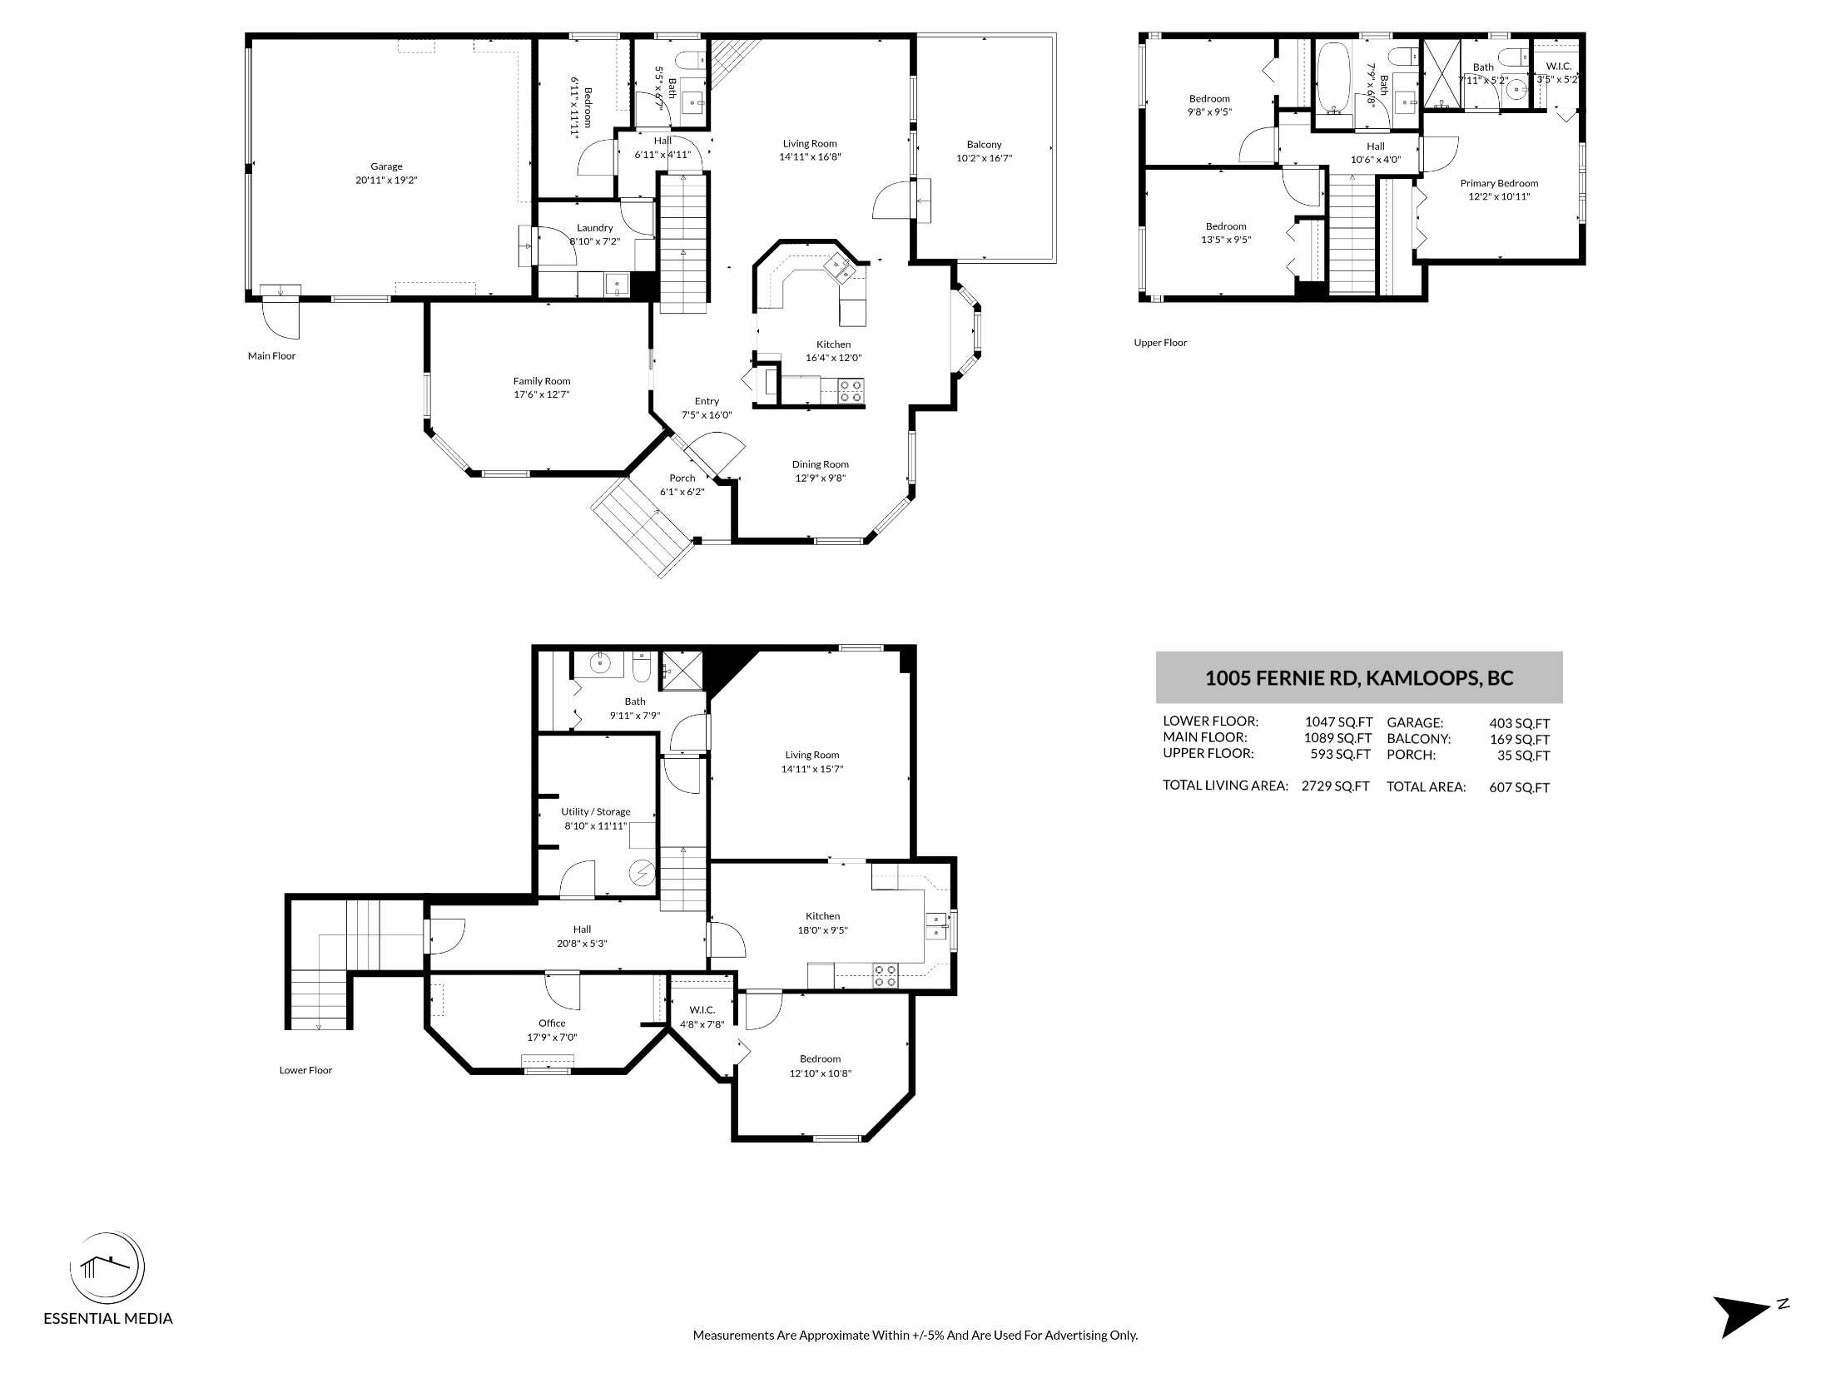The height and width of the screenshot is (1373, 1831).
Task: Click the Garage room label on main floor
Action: click(386, 166)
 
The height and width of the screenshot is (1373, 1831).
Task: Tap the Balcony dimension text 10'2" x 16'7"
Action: click(985, 158)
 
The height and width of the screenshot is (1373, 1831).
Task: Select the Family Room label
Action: click(542, 381)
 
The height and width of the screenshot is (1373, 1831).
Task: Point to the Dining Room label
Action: click(820, 464)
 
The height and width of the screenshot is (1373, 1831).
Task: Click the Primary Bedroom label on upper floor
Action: click(1499, 183)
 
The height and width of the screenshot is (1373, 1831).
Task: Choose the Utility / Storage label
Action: click(596, 811)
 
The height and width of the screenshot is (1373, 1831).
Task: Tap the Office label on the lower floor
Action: click(552, 1024)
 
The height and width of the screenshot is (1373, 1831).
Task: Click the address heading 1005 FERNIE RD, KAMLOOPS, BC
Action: click(1359, 677)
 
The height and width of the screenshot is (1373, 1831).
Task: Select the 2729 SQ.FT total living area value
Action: click(1335, 786)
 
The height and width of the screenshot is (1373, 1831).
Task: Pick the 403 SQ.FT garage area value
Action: click(1520, 724)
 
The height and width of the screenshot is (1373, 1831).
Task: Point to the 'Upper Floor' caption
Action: click(1160, 343)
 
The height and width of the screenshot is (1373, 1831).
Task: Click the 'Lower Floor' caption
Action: click(305, 1070)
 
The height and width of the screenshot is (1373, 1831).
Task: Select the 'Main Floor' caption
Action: click(271, 356)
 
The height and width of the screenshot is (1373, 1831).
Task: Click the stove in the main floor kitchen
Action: click(851, 391)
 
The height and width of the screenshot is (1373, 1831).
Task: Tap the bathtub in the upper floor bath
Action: click(1335, 77)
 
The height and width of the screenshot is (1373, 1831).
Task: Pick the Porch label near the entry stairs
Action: click(682, 478)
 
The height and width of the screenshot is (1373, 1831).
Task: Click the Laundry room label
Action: click(594, 228)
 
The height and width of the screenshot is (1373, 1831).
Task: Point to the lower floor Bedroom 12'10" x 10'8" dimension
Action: click(821, 1073)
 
